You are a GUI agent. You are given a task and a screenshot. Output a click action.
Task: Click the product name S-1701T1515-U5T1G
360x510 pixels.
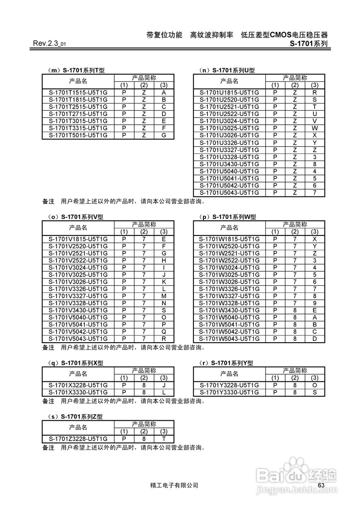tap(78, 92)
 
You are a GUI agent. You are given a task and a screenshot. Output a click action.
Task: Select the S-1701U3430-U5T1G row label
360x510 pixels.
tap(229, 164)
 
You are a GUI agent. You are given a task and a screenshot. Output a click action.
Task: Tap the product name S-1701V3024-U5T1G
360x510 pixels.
tap(78, 268)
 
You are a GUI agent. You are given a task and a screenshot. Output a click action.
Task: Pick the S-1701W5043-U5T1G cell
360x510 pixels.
tap(229, 339)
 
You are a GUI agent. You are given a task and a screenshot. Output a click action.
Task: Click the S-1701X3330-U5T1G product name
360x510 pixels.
tap(78, 392)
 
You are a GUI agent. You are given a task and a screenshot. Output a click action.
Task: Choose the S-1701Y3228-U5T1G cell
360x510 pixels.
tap(229, 385)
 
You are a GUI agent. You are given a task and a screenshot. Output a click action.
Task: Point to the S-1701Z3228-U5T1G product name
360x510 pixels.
tap(78, 439)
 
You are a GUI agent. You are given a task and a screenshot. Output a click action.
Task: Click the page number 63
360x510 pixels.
tap(322, 484)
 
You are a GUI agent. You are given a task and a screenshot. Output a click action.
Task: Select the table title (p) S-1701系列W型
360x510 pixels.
tap(227, 217)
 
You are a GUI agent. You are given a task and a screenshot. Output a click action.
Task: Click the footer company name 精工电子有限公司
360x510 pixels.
tap(174, 485)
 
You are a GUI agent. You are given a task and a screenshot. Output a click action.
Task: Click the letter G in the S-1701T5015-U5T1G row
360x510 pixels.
tap(164, 135)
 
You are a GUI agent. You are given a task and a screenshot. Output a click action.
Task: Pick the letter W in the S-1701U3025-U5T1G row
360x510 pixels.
tap(315, 128)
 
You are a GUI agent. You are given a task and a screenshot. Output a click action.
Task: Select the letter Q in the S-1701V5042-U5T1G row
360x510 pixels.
tap(164, 331)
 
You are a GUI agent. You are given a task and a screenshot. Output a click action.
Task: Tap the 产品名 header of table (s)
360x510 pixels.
tap(78, 428)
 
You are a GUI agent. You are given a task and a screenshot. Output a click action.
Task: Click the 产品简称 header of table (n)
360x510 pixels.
tap(295, 78)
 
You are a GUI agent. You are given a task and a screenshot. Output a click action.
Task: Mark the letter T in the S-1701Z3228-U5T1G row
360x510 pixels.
tap(164, 439)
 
